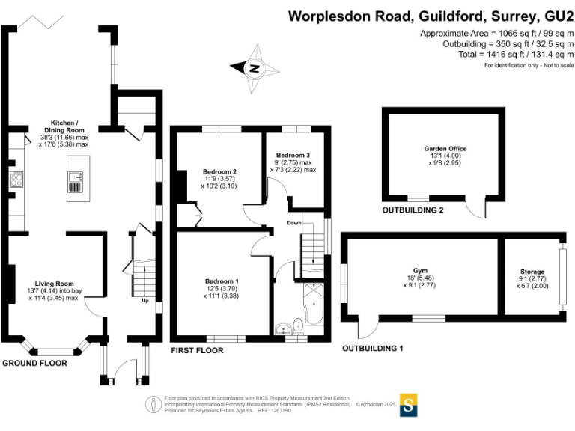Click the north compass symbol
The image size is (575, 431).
255,68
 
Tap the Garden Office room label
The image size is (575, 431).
440,148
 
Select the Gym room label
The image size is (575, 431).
419,270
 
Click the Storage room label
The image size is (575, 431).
532,272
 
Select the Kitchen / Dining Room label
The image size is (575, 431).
64,123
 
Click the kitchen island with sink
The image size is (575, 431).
77,177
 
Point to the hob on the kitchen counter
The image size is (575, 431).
15,178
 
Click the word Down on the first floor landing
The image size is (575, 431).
295,223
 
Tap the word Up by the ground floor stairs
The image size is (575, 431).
145,302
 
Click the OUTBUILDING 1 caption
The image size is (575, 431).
373,349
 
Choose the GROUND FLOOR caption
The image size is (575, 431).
34,364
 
